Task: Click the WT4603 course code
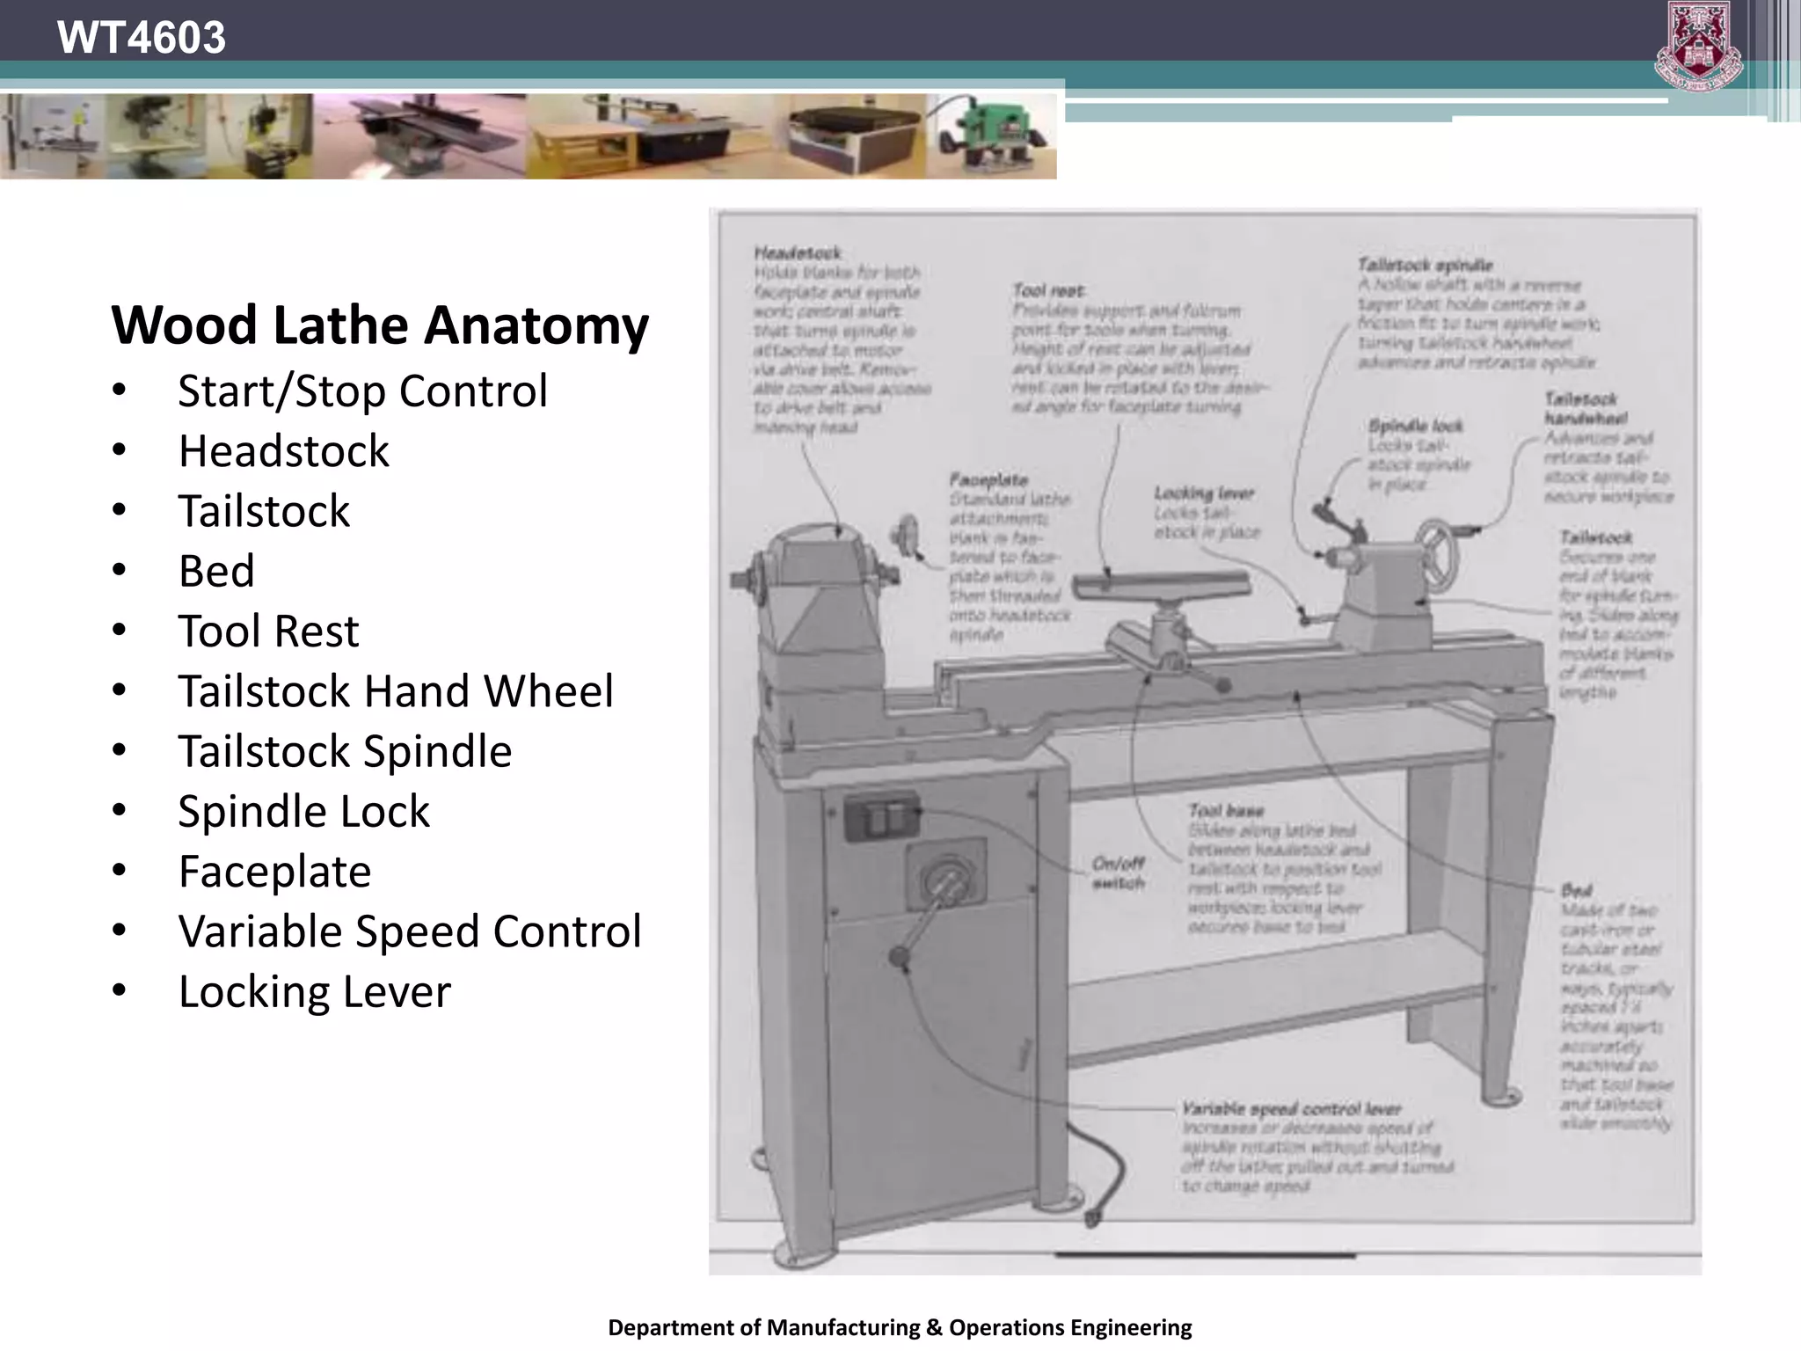[141, 38]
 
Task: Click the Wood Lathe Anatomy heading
[380, 325]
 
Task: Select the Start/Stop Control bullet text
[362, 391]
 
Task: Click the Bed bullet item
[216, 571]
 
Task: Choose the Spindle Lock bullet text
[303, 811]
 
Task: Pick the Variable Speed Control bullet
[409, 931]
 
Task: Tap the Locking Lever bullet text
[314, 991]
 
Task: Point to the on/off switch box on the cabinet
[881, 817]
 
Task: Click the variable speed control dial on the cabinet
[946, 879]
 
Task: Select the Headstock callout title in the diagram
[798, 253]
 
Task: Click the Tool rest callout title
[1048, 290]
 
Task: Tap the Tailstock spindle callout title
[1425, 265]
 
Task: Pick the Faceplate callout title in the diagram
[988, 479]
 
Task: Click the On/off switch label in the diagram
[1118, 873]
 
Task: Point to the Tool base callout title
[1226, 810]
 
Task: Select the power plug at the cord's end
[1093, 1219]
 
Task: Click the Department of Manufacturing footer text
[900, 1327]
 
